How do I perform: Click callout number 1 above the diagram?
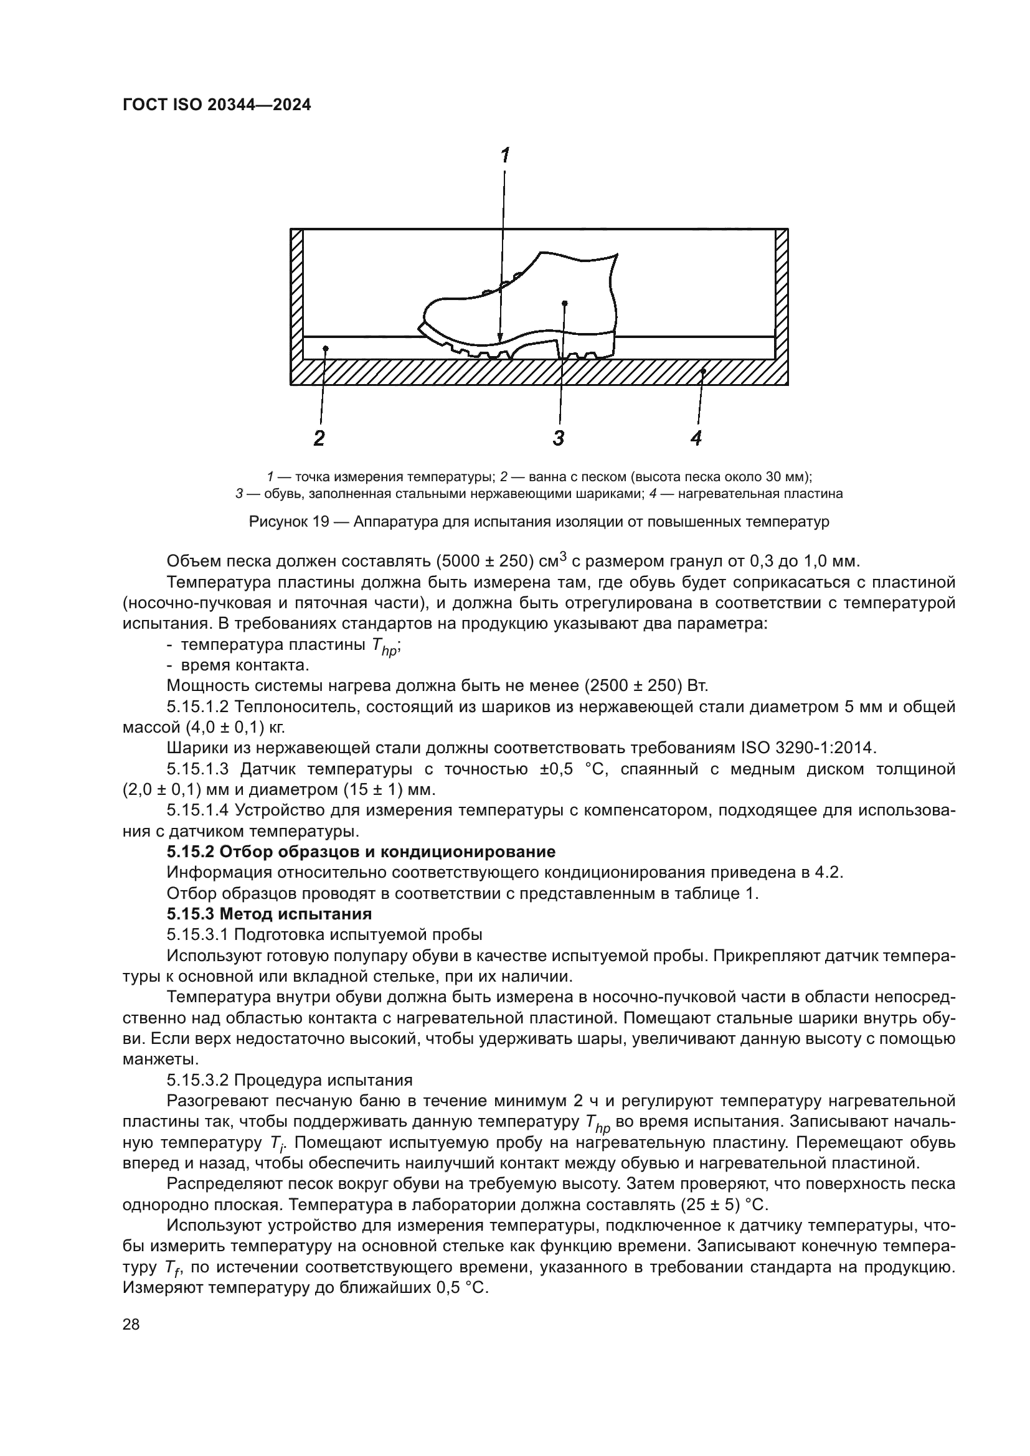pos(505,156)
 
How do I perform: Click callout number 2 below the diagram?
pos(319,438)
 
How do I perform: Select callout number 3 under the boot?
pos(558,438)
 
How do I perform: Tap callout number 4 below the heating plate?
pos(696,438)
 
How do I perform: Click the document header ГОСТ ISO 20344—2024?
pos(216,105)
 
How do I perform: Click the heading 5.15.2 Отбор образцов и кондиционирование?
pos(361,852)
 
